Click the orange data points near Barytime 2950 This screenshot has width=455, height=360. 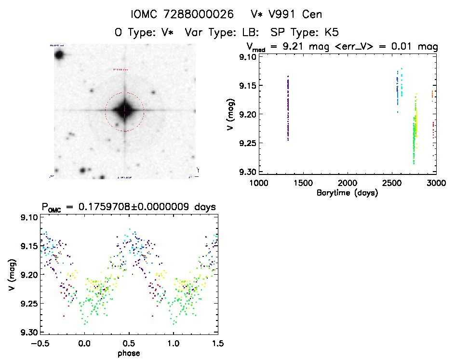(x=432, y=94)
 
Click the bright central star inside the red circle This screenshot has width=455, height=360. (x=125, y=111)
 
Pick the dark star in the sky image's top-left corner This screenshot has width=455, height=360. (x=60, y=54)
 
